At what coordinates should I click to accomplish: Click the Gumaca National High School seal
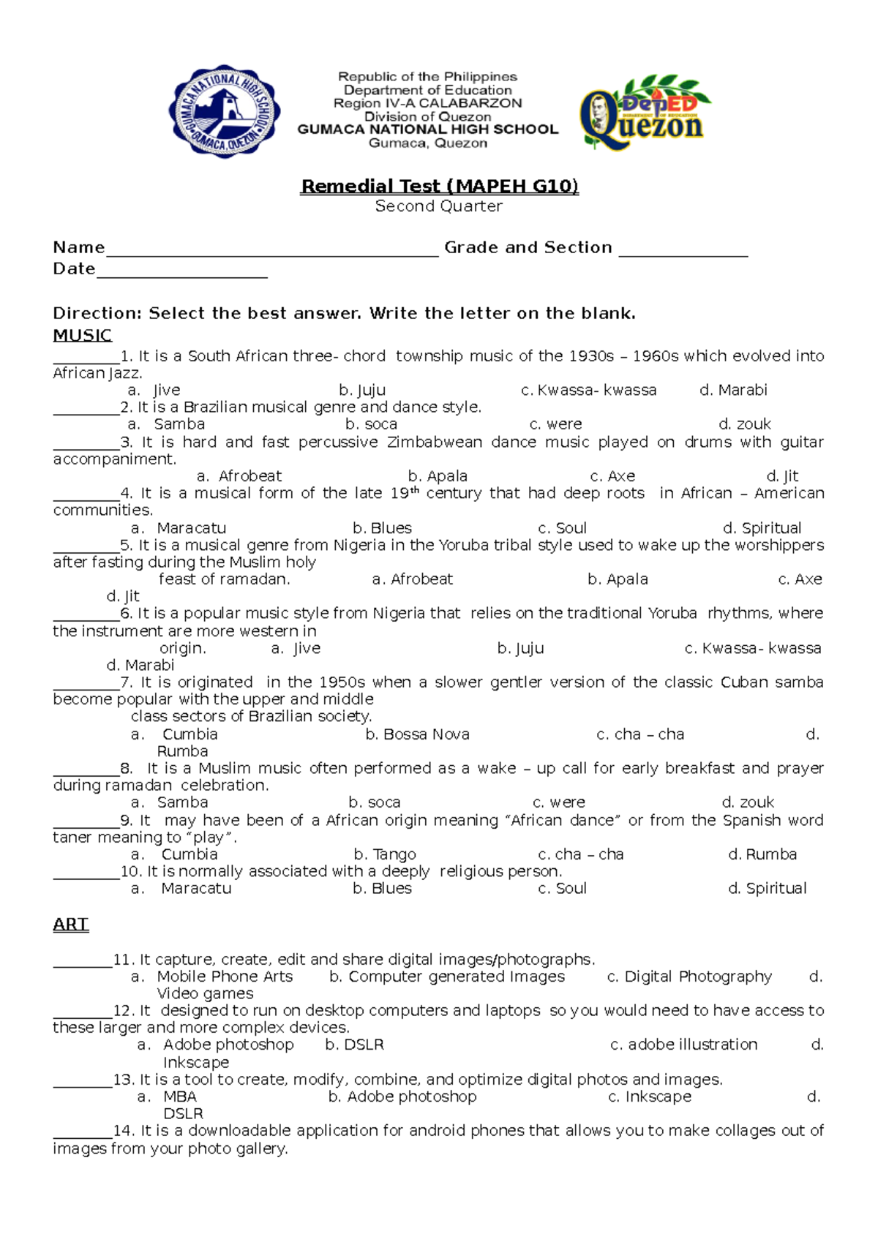(x=225, y=110)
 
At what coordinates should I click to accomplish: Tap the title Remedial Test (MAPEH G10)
(x=439, y=187)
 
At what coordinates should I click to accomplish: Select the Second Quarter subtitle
(x=439, y=206)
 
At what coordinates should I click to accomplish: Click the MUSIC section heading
(x=82, y=336)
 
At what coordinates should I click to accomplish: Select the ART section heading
(x=70, y=925)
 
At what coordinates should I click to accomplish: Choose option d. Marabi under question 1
(x=733, y=391)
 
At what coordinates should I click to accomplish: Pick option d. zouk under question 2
(x=745, y=424)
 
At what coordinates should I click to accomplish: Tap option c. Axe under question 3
(x=612, y=476)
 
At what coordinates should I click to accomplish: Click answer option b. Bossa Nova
(x=417, y=734)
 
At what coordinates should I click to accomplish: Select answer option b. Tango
(x=385, y=854)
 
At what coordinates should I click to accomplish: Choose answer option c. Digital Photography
(x=689, y=976)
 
